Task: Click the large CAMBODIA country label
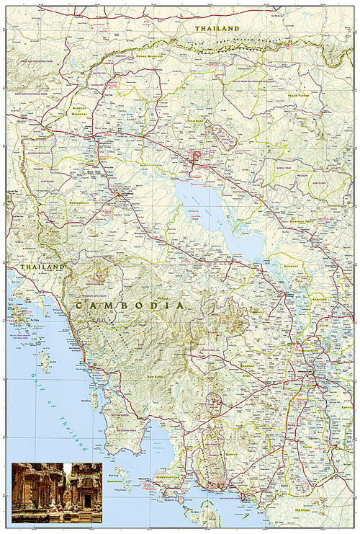[128, 306]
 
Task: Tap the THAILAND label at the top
[217, 27]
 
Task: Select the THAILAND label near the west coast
[42, 267]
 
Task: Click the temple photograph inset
[56, 493]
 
